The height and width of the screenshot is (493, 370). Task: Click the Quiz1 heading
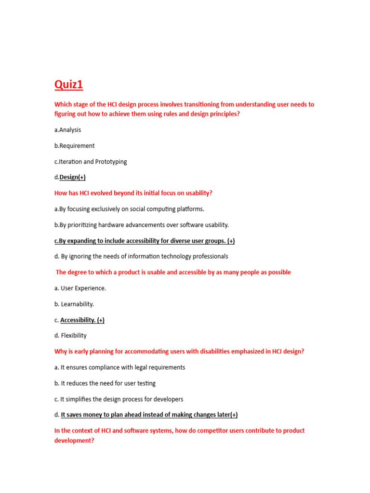[68, 85]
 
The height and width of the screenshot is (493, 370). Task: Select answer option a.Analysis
[67, 130]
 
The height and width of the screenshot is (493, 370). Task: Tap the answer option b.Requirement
[74, 146]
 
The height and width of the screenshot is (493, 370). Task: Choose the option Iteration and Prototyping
[91, 162]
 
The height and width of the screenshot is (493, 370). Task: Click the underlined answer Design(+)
[72, 177]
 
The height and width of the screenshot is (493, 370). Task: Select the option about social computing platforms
[129, 209]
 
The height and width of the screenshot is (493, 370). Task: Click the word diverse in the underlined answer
[182, 241]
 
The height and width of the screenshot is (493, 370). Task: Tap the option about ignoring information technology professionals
[141, 257]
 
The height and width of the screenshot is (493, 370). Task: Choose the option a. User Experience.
[80, 288]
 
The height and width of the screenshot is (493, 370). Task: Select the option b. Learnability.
[74, 304]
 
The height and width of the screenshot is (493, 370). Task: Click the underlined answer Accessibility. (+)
[82, 320]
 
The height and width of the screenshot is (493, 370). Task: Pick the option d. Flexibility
[70, 336]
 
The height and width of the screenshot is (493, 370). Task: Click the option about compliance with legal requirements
[119, 367]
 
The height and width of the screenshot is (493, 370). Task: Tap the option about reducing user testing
[105, 383]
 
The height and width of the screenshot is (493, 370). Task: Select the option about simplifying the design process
[119, 399]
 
